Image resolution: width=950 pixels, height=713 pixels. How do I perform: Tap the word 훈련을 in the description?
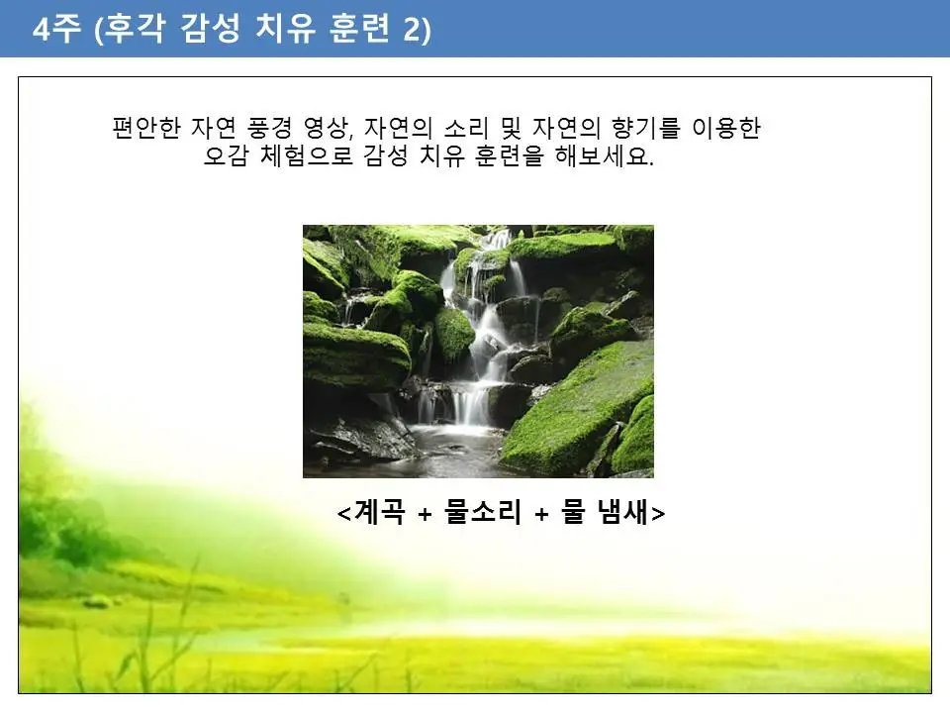coord(508,157)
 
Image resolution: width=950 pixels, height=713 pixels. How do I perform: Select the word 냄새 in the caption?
coord(623,514)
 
